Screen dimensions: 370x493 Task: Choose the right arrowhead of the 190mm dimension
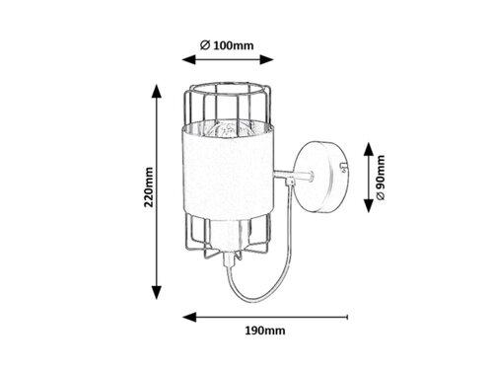pos(349,319)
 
